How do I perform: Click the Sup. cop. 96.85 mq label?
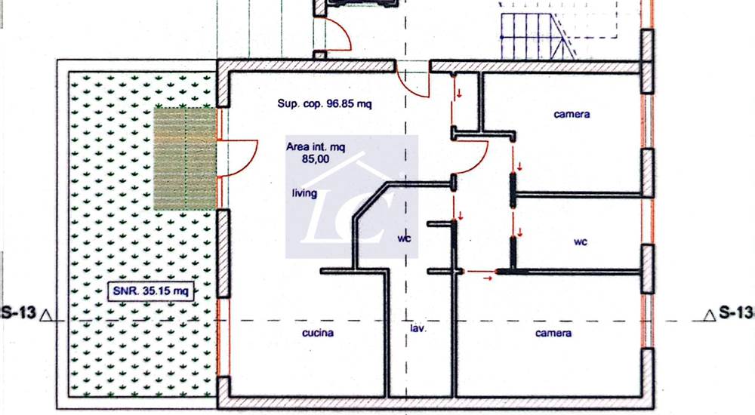(x=325, y=103)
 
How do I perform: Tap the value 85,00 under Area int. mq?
(x=316, y=159)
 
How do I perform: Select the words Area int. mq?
(x=316, y=147)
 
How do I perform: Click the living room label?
(x=304, y=193)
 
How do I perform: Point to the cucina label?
(x=318, y=333)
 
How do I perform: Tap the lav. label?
(x=418, y=328)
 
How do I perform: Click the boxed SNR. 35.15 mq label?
(x=151, y=290)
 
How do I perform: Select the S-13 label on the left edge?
(x=18, y=312)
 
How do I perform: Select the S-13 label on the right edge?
(x=735, y=312)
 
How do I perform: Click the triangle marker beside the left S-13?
(x=46, y=315)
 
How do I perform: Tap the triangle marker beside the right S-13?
(x=709, y=315)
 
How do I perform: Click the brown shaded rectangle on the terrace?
(x=185, y=159)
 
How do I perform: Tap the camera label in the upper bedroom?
(x=572, y=115)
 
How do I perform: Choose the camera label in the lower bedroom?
(x=553, y=334)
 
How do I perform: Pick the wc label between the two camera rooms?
(x=580, y=241)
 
